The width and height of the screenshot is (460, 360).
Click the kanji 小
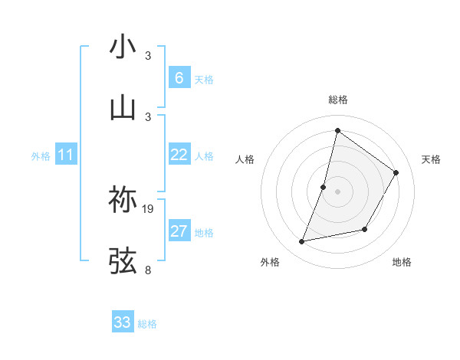tap(123, 47)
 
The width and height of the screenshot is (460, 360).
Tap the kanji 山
tap(123, 107)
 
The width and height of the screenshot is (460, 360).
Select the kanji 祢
tap(123, 200)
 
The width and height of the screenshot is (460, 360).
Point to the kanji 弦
tap(123, 260)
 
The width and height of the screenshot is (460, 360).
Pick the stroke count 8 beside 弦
tap(148, 270)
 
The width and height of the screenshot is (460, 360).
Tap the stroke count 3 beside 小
tap(148, 56)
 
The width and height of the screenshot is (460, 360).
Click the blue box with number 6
tap(179, 78)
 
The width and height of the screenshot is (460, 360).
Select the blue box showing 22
tap(179, 155)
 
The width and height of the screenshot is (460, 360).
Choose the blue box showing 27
tap(179, 231)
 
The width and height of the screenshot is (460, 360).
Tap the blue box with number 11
tap(66, 155)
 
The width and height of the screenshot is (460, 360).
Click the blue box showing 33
tap(123, 322)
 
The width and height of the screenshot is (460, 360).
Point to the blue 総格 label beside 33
tap(147, 324)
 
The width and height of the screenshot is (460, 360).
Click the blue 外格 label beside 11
tap(41, 156)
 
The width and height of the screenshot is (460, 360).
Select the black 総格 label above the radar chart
tap(337, 100)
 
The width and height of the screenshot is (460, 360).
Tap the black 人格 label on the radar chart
tap(245, 159)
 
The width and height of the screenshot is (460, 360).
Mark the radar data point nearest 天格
tap(396, 172)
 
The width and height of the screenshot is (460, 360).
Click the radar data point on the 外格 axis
tap(302, 242)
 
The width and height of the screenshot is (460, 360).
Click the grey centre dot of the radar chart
tap(337, 191)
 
